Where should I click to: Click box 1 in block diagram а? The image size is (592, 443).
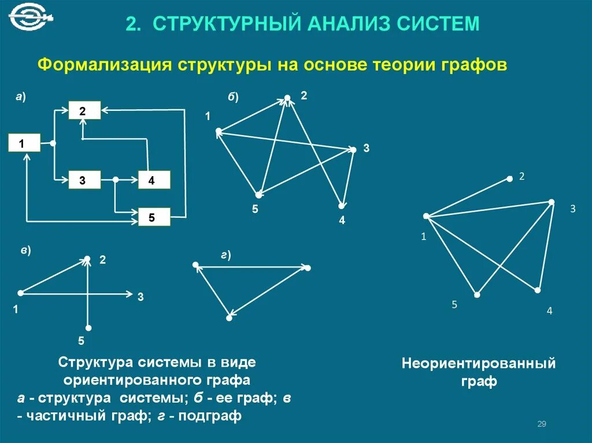point(24,143)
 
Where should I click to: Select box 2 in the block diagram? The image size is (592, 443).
point(85,110)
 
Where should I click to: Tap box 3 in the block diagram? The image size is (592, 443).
point(85,180)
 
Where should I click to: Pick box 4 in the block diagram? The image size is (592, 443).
point(154,180)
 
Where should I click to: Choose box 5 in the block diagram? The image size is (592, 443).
point(154,217)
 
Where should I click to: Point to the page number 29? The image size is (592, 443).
point(542,425)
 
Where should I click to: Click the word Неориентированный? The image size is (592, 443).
point(479,364)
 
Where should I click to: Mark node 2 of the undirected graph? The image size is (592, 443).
point(509,179)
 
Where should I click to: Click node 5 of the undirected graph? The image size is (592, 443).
point(477,295)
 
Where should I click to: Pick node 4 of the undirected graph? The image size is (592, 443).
point(538,289)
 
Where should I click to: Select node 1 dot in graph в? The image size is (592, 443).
point(20,293)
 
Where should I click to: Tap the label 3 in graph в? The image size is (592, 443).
point(140,297)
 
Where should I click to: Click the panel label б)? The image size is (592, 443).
point(232,96)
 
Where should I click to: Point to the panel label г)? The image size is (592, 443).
point(225,255)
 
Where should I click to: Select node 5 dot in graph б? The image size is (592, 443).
point(259,195)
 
